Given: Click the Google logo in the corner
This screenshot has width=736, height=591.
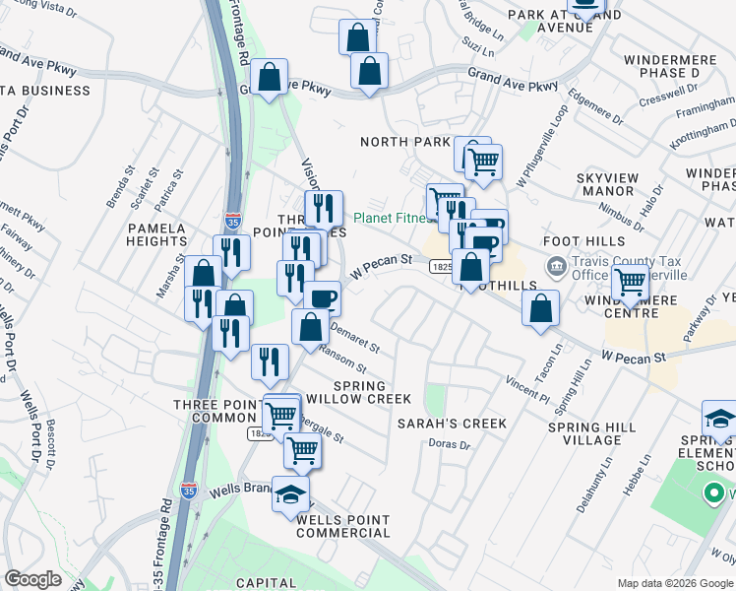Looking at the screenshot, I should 32,579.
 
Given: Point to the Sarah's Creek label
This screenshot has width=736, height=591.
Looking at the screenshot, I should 452,424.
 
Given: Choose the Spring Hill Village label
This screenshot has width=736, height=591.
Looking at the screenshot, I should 592,431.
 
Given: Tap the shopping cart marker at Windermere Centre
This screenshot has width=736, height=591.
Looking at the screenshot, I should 630,285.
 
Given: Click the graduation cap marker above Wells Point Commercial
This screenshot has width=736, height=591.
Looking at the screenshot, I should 290,493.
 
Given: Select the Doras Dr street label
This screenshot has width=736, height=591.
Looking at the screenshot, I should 451,445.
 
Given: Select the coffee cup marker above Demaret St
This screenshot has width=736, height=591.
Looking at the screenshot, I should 322,297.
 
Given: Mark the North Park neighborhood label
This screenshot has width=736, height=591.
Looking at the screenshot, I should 404,142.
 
